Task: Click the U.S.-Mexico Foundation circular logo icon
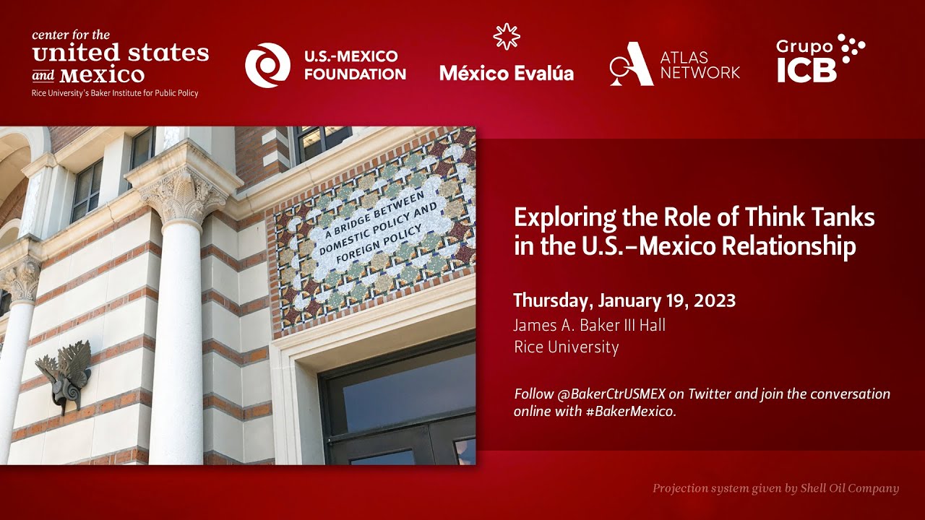click(267, 65)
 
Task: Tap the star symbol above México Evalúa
click(506, 38)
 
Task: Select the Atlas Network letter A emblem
click(630, 64)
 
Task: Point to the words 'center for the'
click(71, 35)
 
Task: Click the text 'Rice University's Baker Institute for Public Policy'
click(115, 93)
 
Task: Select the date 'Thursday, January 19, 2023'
click(624, 300)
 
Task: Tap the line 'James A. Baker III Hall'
click(590, 325)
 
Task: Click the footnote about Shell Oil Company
click(775, 488)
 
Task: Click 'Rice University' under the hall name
click(566, 347)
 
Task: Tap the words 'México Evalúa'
click(506, 73)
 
